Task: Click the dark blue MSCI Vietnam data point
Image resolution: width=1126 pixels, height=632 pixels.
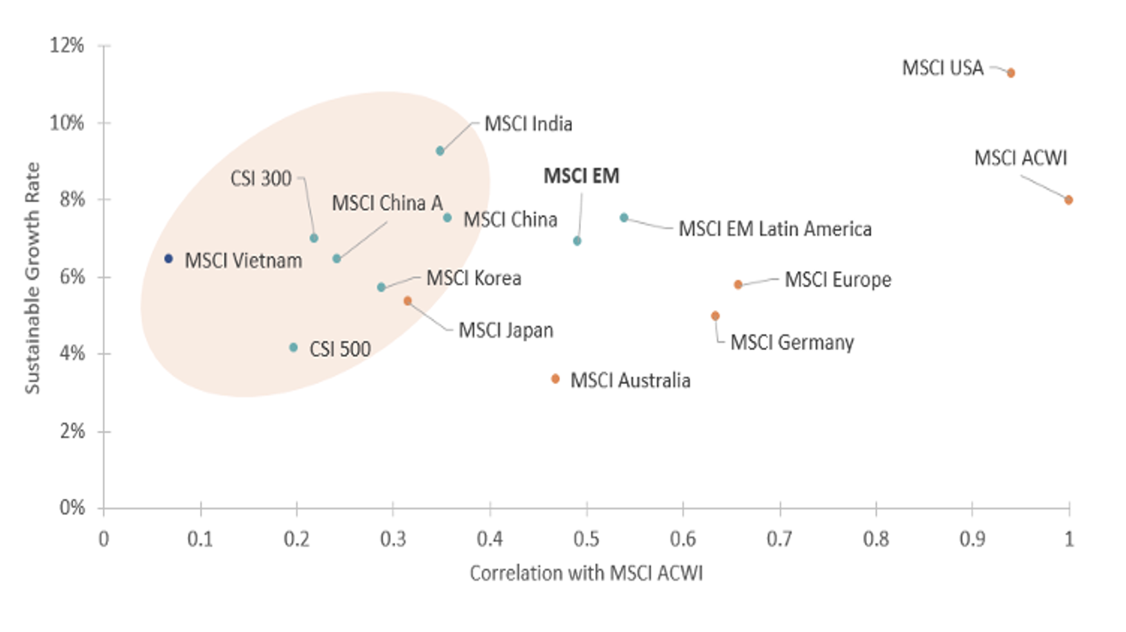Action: point(168,259)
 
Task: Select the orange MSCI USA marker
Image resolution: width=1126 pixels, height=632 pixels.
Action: point(1011,73)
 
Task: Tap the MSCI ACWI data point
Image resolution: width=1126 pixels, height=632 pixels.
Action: point(1068,200)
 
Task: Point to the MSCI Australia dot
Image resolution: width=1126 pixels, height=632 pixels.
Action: point(555,379)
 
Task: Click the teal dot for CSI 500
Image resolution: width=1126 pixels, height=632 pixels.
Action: point(294,347)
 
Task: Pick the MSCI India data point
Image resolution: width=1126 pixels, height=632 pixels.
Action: point(440,151)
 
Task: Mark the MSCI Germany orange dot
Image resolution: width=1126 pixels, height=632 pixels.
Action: point(715,316)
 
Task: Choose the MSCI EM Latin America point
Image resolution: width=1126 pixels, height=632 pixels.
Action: point(623,218)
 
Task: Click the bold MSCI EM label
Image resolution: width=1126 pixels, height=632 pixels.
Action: point(581,176)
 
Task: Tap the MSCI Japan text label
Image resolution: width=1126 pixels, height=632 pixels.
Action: point(506,331)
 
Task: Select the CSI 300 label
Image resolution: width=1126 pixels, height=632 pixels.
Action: point(261,179)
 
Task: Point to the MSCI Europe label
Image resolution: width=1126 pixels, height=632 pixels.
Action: point(837,280)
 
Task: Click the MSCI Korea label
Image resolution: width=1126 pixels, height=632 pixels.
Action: point(474,279)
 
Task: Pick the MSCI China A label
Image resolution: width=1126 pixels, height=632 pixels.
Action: point(387,204)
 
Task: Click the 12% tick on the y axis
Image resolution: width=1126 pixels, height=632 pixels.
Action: point(67,46)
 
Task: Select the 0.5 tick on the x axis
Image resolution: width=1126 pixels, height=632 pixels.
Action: point(586,539)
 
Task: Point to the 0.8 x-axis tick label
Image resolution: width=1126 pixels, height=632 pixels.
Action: point(876,539)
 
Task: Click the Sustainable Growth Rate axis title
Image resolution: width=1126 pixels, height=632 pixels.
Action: point(32,277)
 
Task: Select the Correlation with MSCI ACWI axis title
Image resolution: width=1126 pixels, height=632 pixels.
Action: point(586,573)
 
